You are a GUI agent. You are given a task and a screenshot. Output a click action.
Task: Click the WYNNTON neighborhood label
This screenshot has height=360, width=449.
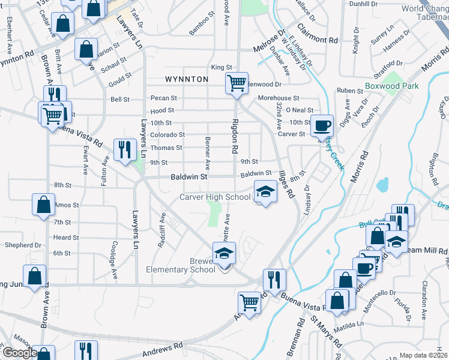(x=187, y=79)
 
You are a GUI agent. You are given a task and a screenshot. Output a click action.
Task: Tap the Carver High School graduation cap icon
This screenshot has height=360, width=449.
(x=264, y=191)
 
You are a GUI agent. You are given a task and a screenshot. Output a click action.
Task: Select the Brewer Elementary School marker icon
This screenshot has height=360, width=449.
(x=224, y=254)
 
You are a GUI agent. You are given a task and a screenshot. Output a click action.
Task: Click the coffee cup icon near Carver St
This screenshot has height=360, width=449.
(x=323, y=125)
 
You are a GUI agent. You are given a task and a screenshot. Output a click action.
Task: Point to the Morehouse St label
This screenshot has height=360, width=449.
(x=278, y=98)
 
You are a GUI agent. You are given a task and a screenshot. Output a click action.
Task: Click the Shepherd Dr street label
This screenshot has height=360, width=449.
(x=23, y=245)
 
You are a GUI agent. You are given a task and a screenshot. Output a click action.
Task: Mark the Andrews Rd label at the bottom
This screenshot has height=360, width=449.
(x=163, y=348)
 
